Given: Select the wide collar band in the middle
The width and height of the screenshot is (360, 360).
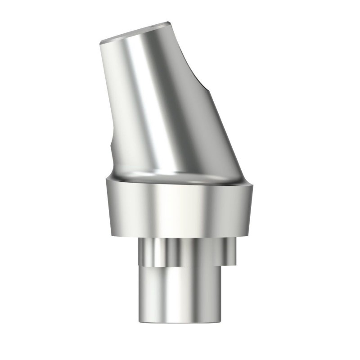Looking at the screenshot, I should [x=180, y=207].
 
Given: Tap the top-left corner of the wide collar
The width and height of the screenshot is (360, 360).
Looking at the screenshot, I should [x=106, y=180].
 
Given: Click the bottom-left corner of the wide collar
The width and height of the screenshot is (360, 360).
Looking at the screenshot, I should [x=109, y=234].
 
